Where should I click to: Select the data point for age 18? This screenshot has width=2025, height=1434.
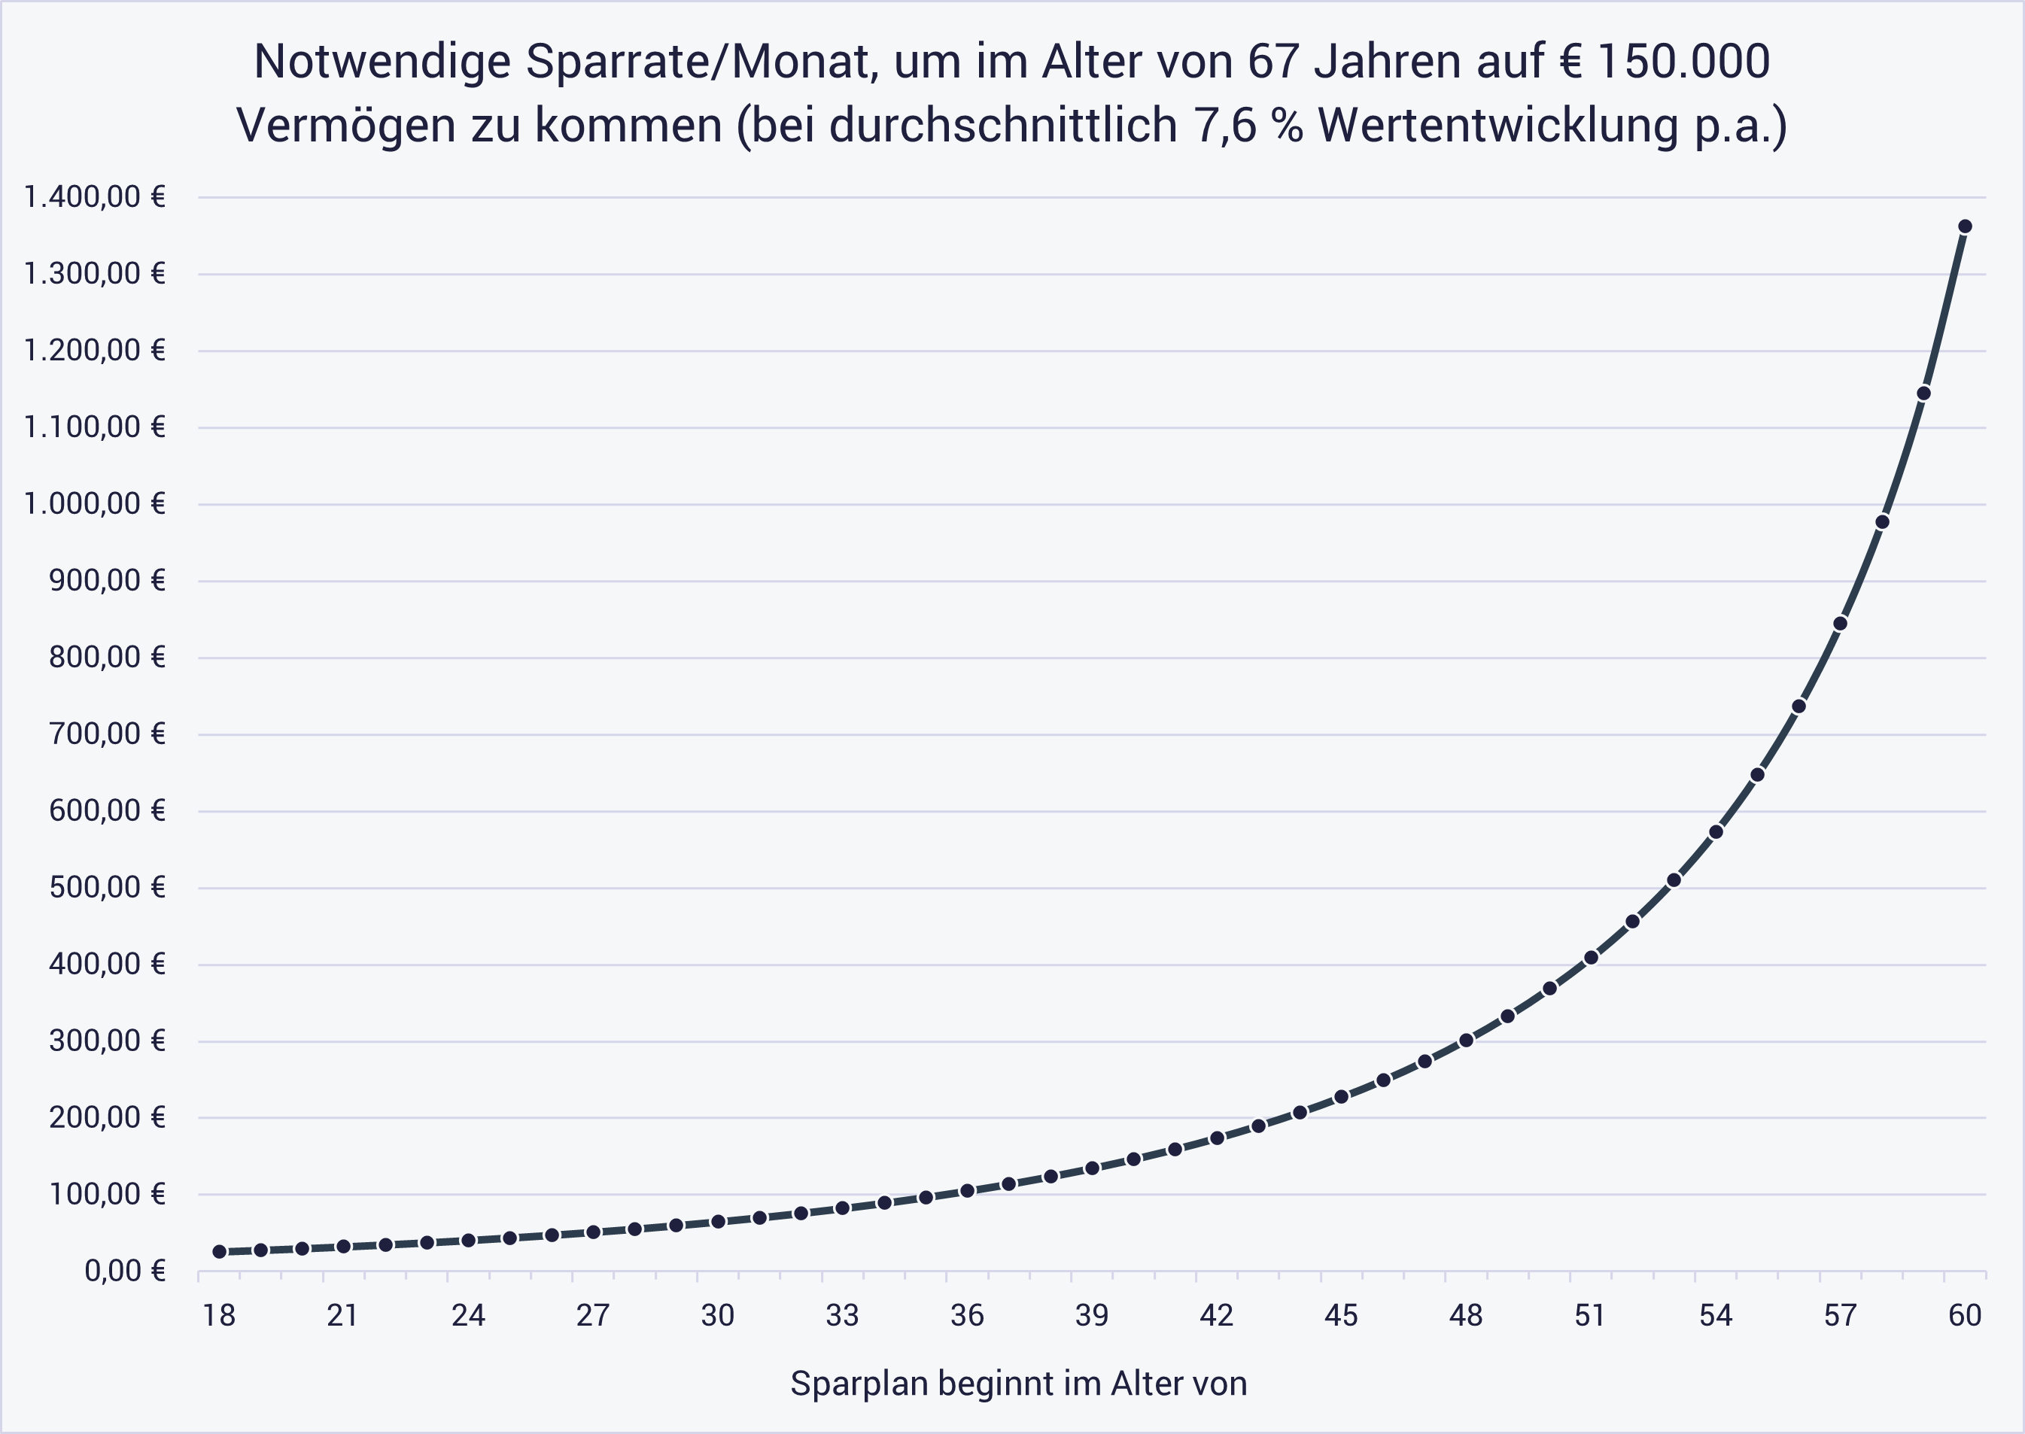tap(219, 1251)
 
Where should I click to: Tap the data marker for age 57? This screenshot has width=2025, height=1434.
tap(1841, 624)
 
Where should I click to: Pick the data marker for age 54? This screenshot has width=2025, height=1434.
tap(1716, 832)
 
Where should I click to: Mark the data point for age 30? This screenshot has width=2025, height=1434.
tap(718, 1221)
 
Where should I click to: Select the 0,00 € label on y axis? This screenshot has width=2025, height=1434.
tap(124, 1271)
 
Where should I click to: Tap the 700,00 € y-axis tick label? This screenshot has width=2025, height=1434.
tap(108, 734)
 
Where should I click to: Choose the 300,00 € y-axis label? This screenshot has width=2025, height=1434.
tap(108, 1041)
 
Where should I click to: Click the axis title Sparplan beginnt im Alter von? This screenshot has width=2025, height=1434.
tap(1018, 1384)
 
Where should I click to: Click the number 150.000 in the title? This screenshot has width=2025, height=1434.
tap(1683, 62)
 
